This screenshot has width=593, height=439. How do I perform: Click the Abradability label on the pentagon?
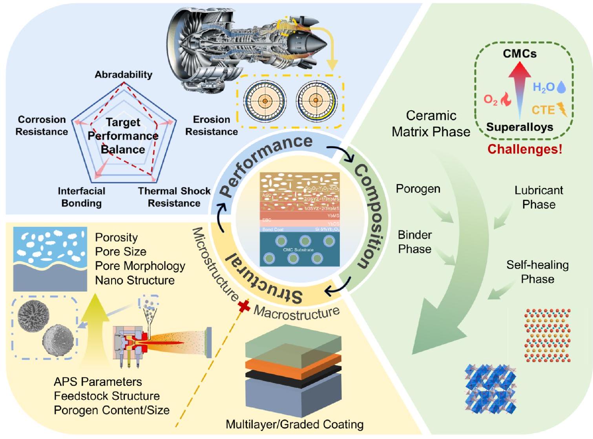(x=123, y=75)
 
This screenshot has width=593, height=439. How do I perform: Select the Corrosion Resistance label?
(x=42, y=125)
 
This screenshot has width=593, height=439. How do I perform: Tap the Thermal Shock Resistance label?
(x=174, y=197)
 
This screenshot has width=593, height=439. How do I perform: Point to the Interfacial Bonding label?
(x=81, y=197)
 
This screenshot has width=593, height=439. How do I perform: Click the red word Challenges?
(x=525, y=149)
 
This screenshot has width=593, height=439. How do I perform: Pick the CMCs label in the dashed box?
(x=520, y=53)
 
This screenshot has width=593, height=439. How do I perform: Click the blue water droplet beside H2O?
(x=562, y=87)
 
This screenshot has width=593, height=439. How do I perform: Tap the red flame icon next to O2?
(x=506, y=100)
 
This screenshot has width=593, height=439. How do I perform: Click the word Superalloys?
(x=520, y=127)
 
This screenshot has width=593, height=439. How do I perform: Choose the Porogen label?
(x=418, y=189)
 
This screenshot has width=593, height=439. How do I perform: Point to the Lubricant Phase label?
(x=538, y=197)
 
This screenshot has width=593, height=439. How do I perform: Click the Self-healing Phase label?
(x=537, y=272)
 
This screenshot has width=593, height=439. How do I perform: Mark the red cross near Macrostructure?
(x=244, y=306)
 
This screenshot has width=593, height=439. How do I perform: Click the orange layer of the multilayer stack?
(x=294, y=361)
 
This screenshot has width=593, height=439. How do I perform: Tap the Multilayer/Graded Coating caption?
(x=294, y=424)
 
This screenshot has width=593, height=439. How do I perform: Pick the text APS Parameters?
(x=98, y=382)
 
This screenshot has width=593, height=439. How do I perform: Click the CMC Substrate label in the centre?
(x=298, y=250)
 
